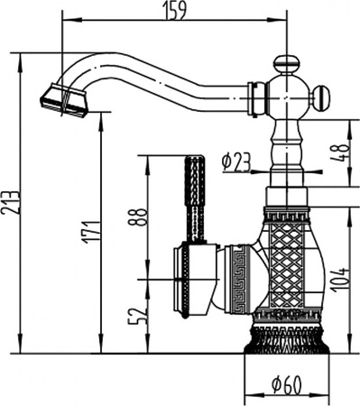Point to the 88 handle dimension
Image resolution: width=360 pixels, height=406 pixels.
click(137, 217)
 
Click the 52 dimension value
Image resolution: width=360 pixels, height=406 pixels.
click(137, 315)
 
